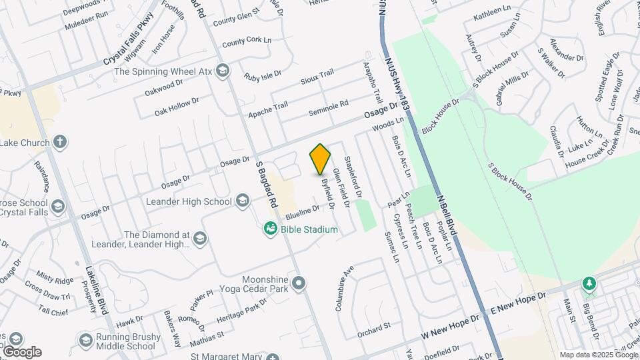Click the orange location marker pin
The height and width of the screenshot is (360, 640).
pos(321,159)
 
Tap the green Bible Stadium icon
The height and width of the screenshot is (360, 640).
pos(271,229)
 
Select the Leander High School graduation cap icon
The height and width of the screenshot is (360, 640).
pos(243,201)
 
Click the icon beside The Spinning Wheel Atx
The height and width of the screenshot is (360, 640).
pos(222,71)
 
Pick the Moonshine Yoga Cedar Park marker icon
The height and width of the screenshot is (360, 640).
pos(299,283)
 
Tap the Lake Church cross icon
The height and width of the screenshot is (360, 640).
pos(60,142)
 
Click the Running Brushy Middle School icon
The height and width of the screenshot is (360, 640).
pos(85,341)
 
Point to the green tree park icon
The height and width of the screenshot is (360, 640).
pos(589,284)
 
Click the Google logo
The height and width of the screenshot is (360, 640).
pos(22,351)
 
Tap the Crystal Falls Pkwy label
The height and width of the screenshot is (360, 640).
pos(129,42)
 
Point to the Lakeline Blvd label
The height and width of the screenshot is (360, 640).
pos(97,290)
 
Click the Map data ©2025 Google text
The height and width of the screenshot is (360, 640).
pos(598,355)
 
